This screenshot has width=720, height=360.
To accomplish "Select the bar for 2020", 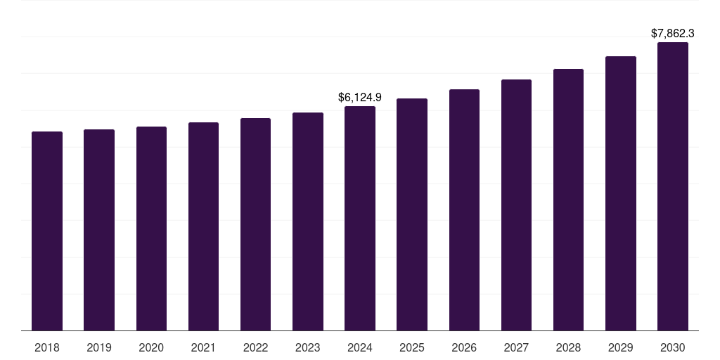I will click(151, 229).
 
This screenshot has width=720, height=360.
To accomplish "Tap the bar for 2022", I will click(255, 224).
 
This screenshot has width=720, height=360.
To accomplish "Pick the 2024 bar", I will click(360, 218).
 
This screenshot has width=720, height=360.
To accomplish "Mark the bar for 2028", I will click(568, 200).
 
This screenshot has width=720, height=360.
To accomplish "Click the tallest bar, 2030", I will click(673, 186).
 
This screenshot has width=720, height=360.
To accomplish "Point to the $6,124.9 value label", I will click(360, 97).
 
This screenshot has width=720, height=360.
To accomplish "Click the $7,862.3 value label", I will click(673, 33).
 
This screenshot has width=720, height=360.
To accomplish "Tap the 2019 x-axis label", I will click(99, 347).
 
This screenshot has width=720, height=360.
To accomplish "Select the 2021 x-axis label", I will click(203, 347).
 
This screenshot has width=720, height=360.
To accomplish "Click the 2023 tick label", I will click(308, 347).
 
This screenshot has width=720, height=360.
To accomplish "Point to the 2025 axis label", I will click(412, 347).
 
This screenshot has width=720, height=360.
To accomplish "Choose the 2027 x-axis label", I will click(516, 347).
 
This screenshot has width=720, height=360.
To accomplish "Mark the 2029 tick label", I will click(621, 347).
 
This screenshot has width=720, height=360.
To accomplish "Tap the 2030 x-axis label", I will click(673, 347).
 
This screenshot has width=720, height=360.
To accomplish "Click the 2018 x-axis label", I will click(47, 347).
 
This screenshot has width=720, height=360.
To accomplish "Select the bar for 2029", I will click(621, 193).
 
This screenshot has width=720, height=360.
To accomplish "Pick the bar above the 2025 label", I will click(412, 214).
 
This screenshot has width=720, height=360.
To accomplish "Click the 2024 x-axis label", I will click(360, 347).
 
